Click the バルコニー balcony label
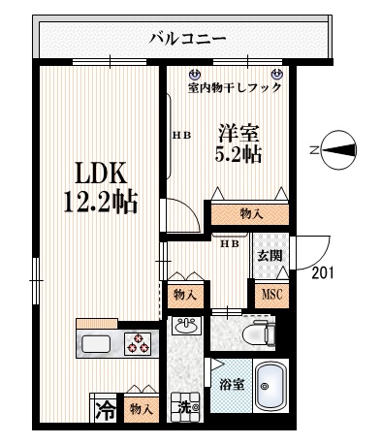point(187,40)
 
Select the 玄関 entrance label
point(269,256)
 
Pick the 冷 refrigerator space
point(105,410)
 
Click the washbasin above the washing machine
point(183,328)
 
